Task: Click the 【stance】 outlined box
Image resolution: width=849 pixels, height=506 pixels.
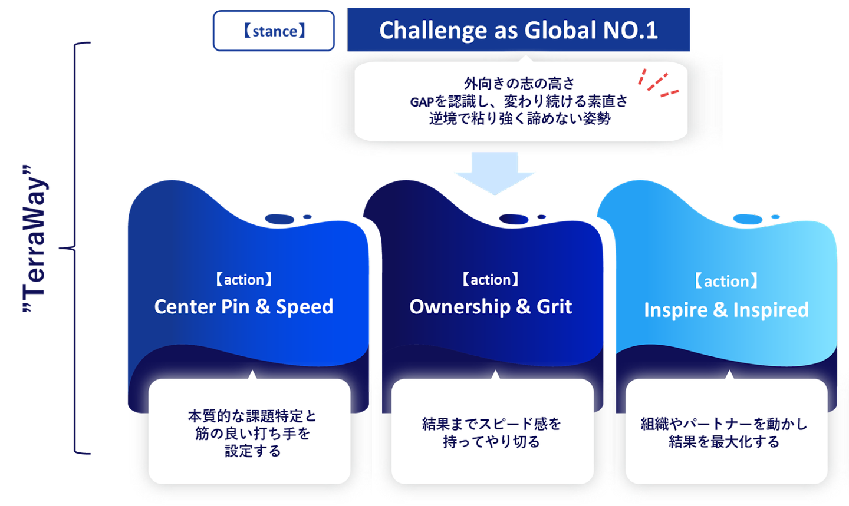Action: click(x=274, y=31)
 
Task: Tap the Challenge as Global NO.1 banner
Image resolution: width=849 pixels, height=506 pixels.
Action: click(x=518, y=29)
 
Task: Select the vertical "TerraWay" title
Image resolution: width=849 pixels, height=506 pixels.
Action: click(x=35, y=239)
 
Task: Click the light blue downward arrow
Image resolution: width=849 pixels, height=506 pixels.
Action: click(x=495, y=173)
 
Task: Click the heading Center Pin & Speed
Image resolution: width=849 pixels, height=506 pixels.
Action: click(x=243, y=306)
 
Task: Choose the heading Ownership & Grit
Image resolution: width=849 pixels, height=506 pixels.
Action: click(x=491, y=306)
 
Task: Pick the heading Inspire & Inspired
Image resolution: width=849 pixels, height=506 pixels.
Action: click(x=726, y=309)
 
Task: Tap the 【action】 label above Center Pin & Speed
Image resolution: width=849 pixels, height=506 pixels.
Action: click(x=243, y=280)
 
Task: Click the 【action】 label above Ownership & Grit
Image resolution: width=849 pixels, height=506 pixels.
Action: click(x=491, y=280)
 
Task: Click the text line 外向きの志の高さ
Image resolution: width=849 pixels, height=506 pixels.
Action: click(x=519, y=83)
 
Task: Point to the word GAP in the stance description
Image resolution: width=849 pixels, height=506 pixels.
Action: click(x=422, y=102)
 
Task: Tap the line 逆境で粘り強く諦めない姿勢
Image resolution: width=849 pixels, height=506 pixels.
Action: click(x=519, y=118)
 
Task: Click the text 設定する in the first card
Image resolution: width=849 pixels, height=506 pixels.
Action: click(x=253, y=451)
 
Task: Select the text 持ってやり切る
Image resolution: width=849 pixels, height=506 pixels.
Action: click(x=492, y=442)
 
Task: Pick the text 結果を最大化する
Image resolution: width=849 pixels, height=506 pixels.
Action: click(x=724, y=442)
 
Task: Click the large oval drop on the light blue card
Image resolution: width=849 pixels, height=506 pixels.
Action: click(x=748, y=219)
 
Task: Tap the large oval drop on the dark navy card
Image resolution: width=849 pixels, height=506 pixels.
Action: click(x=514, y=219)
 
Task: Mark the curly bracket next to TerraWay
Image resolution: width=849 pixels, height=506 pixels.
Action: click(x=74, y=248)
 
